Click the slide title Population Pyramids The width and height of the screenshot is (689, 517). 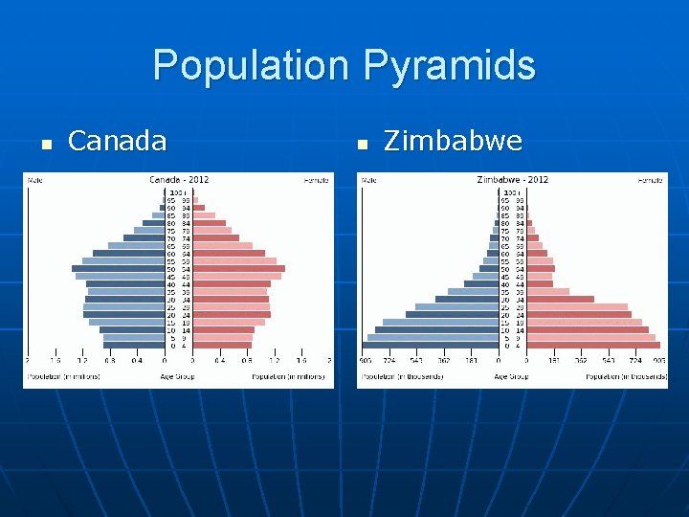pyautogui.click(x=344, y=66)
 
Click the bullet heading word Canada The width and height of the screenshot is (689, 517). pyautogui.click(x=118, y=142)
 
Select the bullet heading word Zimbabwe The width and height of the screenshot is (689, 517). pyautogui.click(x=453, y=142)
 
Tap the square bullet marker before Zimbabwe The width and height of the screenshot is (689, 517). pyautogui.click(x=361, y=145)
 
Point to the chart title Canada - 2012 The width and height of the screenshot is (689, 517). pyautogui.click(x=178, y=179)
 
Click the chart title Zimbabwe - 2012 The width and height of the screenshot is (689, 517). pyautogui.click(x=512, y=179)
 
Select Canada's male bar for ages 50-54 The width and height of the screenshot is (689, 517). pyautogui.click(x=118, y=268)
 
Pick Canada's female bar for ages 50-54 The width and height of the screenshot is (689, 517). pyautogui.click(x=238, y=268)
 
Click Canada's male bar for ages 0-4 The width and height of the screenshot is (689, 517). pyautogui.click(x=133, y=345)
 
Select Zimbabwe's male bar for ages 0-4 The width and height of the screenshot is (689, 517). pyautogui.click(x=430, y=345)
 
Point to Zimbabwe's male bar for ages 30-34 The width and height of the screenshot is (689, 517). pyautogui.click(x=466, y=299)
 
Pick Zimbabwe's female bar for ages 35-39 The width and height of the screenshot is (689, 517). pyautogui.click(x=548, y=291)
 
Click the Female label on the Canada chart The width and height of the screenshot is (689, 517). pyautogui.click(x=317, y=179)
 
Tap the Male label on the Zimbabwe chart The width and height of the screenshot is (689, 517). pyautogui.click(x=368, y=179)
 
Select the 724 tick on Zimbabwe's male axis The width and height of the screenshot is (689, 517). pyautogui.click(x=390, y=361)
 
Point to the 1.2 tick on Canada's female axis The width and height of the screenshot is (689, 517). pyautogui.click(x=275, y=361)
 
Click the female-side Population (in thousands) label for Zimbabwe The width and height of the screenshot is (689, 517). pyautogui.click(x=628, y=376)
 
